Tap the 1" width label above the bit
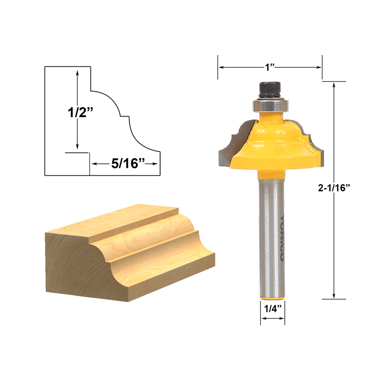click(x=270, y=67)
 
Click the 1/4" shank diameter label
click(x=272, y=308)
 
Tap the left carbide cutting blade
click(x=226, y=144)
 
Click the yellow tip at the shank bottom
click(x=272, y=297)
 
